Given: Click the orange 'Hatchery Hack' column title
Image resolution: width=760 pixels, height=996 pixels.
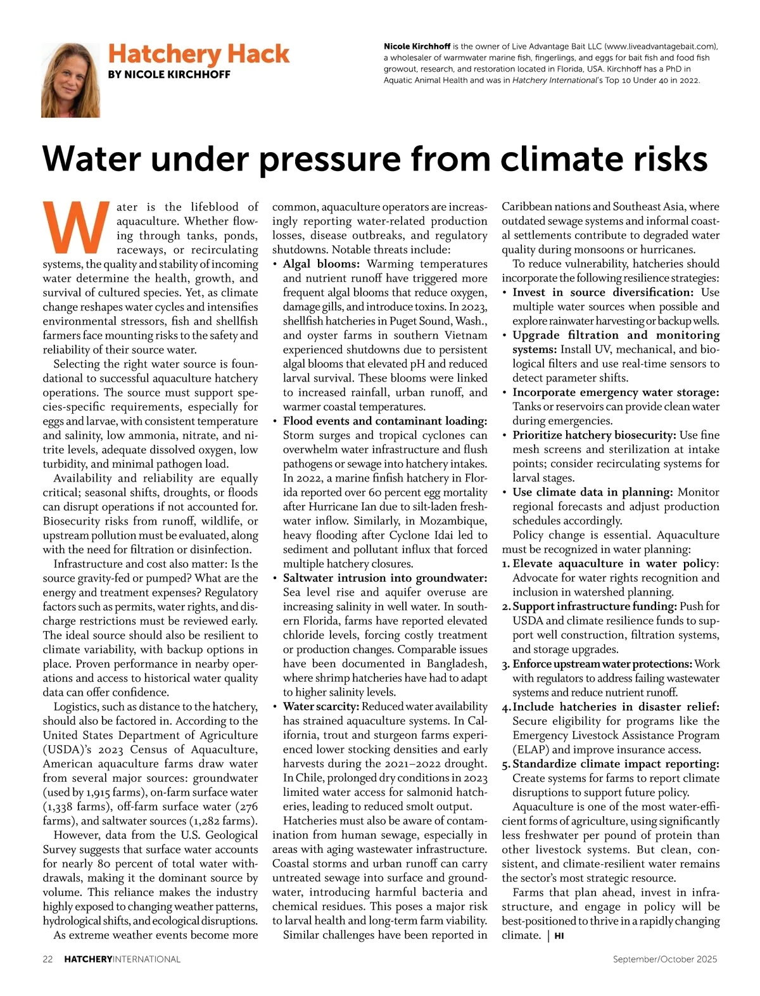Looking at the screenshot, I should (198, 54).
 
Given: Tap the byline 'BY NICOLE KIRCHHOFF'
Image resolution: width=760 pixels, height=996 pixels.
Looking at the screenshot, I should (169, 75).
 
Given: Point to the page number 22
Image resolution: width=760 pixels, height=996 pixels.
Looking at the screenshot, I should (48, 959).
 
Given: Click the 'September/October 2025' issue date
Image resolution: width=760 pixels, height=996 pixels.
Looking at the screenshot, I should (665, 959).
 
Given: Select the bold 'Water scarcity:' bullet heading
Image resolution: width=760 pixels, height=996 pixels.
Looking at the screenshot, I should (321, 706).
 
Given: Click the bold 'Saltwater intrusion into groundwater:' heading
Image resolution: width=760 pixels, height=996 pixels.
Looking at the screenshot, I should (385, 578).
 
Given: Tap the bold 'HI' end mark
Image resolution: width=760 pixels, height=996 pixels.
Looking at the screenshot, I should (559, 936).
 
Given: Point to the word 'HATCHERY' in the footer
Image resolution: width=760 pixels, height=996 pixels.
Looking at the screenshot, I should (87, 959).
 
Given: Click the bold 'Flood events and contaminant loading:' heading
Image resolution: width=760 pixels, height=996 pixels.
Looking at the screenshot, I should (385, 421).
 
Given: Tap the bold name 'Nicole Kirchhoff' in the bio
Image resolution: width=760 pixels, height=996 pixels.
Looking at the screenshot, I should (417, 47).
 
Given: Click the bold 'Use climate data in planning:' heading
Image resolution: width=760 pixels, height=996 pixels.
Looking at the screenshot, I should (592, 492).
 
